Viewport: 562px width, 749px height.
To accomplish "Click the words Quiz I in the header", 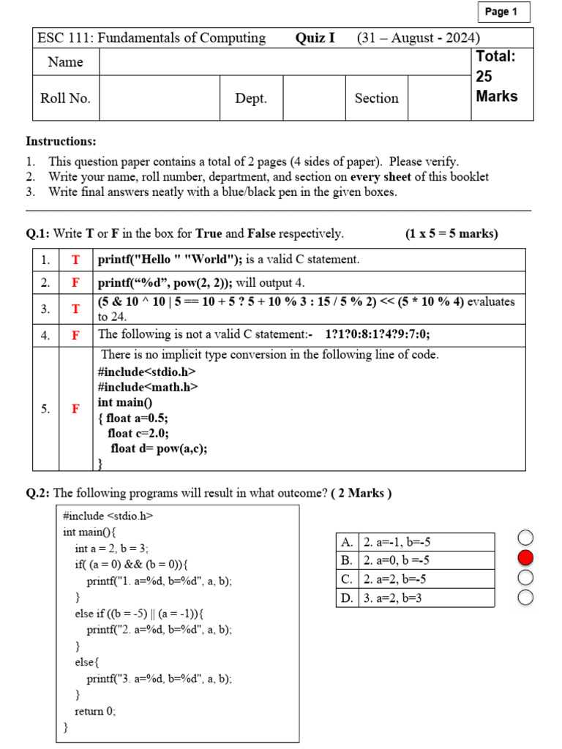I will click(315, 38).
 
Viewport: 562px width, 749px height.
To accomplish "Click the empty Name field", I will click(284, 62).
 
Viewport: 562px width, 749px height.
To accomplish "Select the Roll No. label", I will click(65, 98).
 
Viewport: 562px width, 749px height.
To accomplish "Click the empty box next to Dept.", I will click(314, 98).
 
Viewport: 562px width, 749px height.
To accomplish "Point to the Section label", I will click(376, 98).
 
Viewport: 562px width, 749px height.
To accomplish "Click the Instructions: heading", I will click(61, 141).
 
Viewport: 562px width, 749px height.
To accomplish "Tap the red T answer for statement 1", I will click(75, 260).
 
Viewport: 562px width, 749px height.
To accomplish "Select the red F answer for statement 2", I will click(75, 282).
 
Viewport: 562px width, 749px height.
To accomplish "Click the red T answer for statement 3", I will click(75, 309).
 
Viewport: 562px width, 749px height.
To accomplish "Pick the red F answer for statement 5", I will click(75, 409).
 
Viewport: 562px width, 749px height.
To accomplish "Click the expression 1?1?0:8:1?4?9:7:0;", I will click(378, 335).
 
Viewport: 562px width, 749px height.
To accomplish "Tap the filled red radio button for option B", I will click(525, 559).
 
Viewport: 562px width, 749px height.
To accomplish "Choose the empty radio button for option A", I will click(525, 539).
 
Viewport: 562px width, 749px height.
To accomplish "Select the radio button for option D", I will click(525, 598).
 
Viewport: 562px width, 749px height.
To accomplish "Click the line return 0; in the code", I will click(95, 710).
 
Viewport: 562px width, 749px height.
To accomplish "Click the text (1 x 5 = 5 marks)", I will click(451, 234).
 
